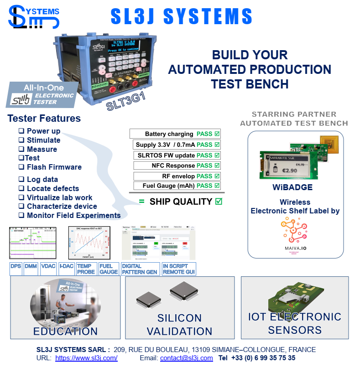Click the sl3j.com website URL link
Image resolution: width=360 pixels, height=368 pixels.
click(86, 358)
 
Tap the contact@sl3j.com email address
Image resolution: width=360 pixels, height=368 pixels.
click(186, 358)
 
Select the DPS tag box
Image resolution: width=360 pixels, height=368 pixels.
click(16, 266)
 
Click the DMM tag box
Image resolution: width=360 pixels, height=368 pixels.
click(31, 266)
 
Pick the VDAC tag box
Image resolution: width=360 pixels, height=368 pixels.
click(48, 266)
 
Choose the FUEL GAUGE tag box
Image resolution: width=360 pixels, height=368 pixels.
click(109, 269)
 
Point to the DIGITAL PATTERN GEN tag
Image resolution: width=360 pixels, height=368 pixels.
click(140, 269)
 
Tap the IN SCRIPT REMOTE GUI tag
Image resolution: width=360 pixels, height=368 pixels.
click(179, 269)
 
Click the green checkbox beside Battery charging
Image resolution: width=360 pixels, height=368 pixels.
click(217, 134)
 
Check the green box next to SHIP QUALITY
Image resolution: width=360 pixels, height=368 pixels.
click(219, 202)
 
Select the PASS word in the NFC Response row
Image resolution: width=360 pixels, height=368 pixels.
click(204, 166)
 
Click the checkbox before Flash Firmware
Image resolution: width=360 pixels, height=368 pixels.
click(21, 167)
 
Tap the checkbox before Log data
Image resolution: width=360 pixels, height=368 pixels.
click(21, 179)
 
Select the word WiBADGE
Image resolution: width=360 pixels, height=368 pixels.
click(292, 188)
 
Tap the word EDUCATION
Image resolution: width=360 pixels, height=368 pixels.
click(65, 331)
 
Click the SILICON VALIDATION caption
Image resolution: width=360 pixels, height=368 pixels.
click(179, 324)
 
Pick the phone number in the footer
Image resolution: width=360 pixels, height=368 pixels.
click(263, 358)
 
